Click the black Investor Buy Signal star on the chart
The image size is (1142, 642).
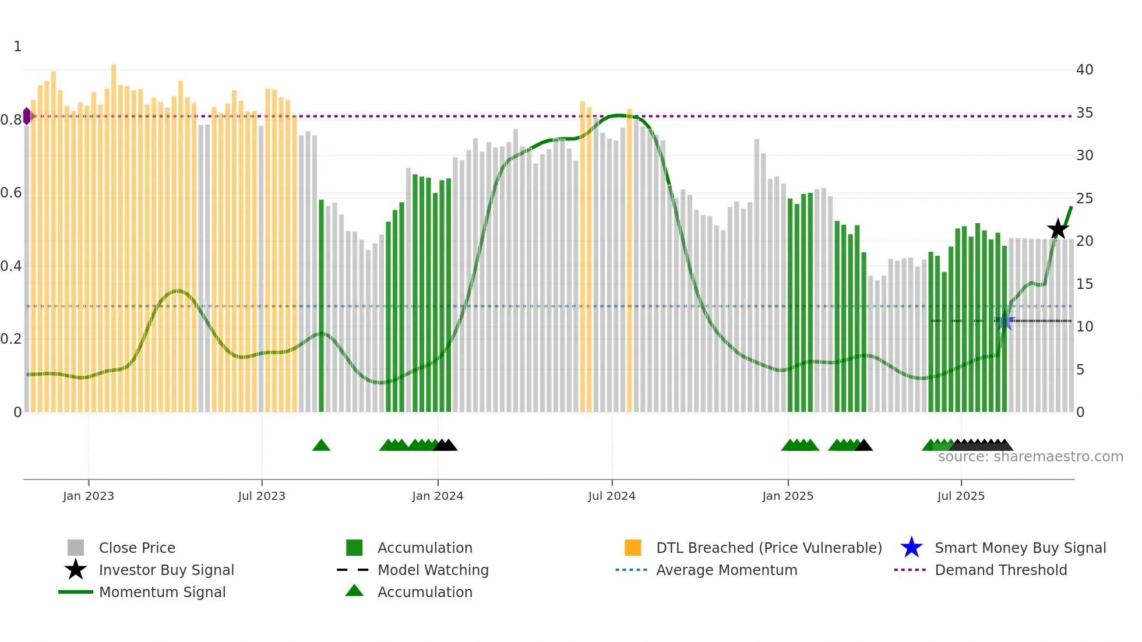pos(1058,229)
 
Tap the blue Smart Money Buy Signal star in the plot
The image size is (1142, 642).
pos(1004,321)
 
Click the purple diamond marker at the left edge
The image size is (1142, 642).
pos(27,116)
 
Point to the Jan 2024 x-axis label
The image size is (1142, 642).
pos(438,496)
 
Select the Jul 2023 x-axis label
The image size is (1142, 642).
pos(262,496)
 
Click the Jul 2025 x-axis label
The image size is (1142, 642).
pos(961,496)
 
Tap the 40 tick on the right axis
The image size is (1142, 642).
pos(1084,70)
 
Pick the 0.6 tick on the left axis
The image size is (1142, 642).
pos(11,193)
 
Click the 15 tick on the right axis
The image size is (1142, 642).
pos(1084,284)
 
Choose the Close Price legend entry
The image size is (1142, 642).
pos(137,548)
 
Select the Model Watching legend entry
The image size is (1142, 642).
pos(433,570)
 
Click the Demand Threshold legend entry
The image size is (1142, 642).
pos(1000,570)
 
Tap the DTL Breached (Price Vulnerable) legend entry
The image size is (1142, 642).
pos(769,548)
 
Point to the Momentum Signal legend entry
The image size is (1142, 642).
pos(162,592)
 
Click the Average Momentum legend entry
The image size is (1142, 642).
pos(727,570)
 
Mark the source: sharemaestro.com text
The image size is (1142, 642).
pos(1030,457)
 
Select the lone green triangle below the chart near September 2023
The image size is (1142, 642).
pos(321,446)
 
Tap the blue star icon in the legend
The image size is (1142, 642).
pos(911,548)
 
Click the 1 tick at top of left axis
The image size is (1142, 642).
pos(17,47)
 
